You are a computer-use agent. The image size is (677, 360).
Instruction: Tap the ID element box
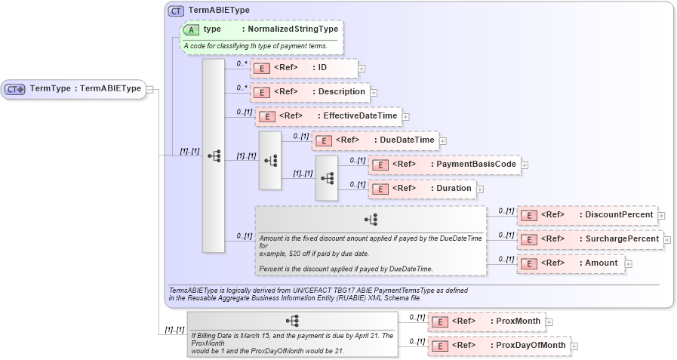tap(303, 69)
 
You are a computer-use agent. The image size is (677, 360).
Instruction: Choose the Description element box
tap(309, 92)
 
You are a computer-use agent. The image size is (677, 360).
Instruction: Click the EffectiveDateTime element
tap(328, 116)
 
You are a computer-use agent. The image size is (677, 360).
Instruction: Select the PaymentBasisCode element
tap(444, 165)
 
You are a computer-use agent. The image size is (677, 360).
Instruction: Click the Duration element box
tap(421, 189)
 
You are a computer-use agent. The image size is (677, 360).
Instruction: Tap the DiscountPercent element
tap(586, 215)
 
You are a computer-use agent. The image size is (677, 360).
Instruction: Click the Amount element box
tap(570, 263)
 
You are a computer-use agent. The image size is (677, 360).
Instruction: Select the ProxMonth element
tap(486, 322)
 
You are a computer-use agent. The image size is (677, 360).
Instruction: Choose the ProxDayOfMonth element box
tap(499, 346)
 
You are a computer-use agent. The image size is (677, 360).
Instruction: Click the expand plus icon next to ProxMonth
tap(549, 322)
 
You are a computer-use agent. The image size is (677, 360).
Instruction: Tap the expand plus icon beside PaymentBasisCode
tap(525, 165)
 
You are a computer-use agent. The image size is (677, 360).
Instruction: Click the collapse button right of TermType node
tap(149, 90)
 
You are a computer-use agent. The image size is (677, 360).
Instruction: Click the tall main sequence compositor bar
tap(214, 155)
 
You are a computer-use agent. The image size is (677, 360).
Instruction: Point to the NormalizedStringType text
tap(294, 29)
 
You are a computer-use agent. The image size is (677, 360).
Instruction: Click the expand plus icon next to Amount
tap(629, 264)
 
